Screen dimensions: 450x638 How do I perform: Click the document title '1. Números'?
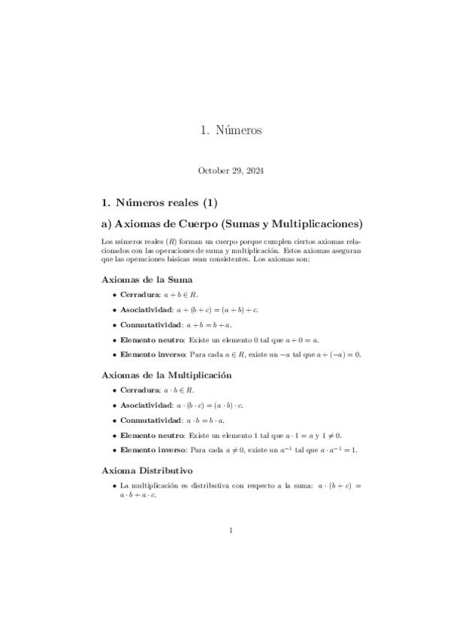point(231,130)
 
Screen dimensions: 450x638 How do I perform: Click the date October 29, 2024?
point(231,171)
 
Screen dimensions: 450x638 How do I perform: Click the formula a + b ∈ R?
point(180,295)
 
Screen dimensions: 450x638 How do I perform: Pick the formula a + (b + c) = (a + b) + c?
point(218,309)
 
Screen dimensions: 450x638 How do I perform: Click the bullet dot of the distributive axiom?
point(114,486)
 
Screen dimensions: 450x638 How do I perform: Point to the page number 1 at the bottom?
point(231,531)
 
